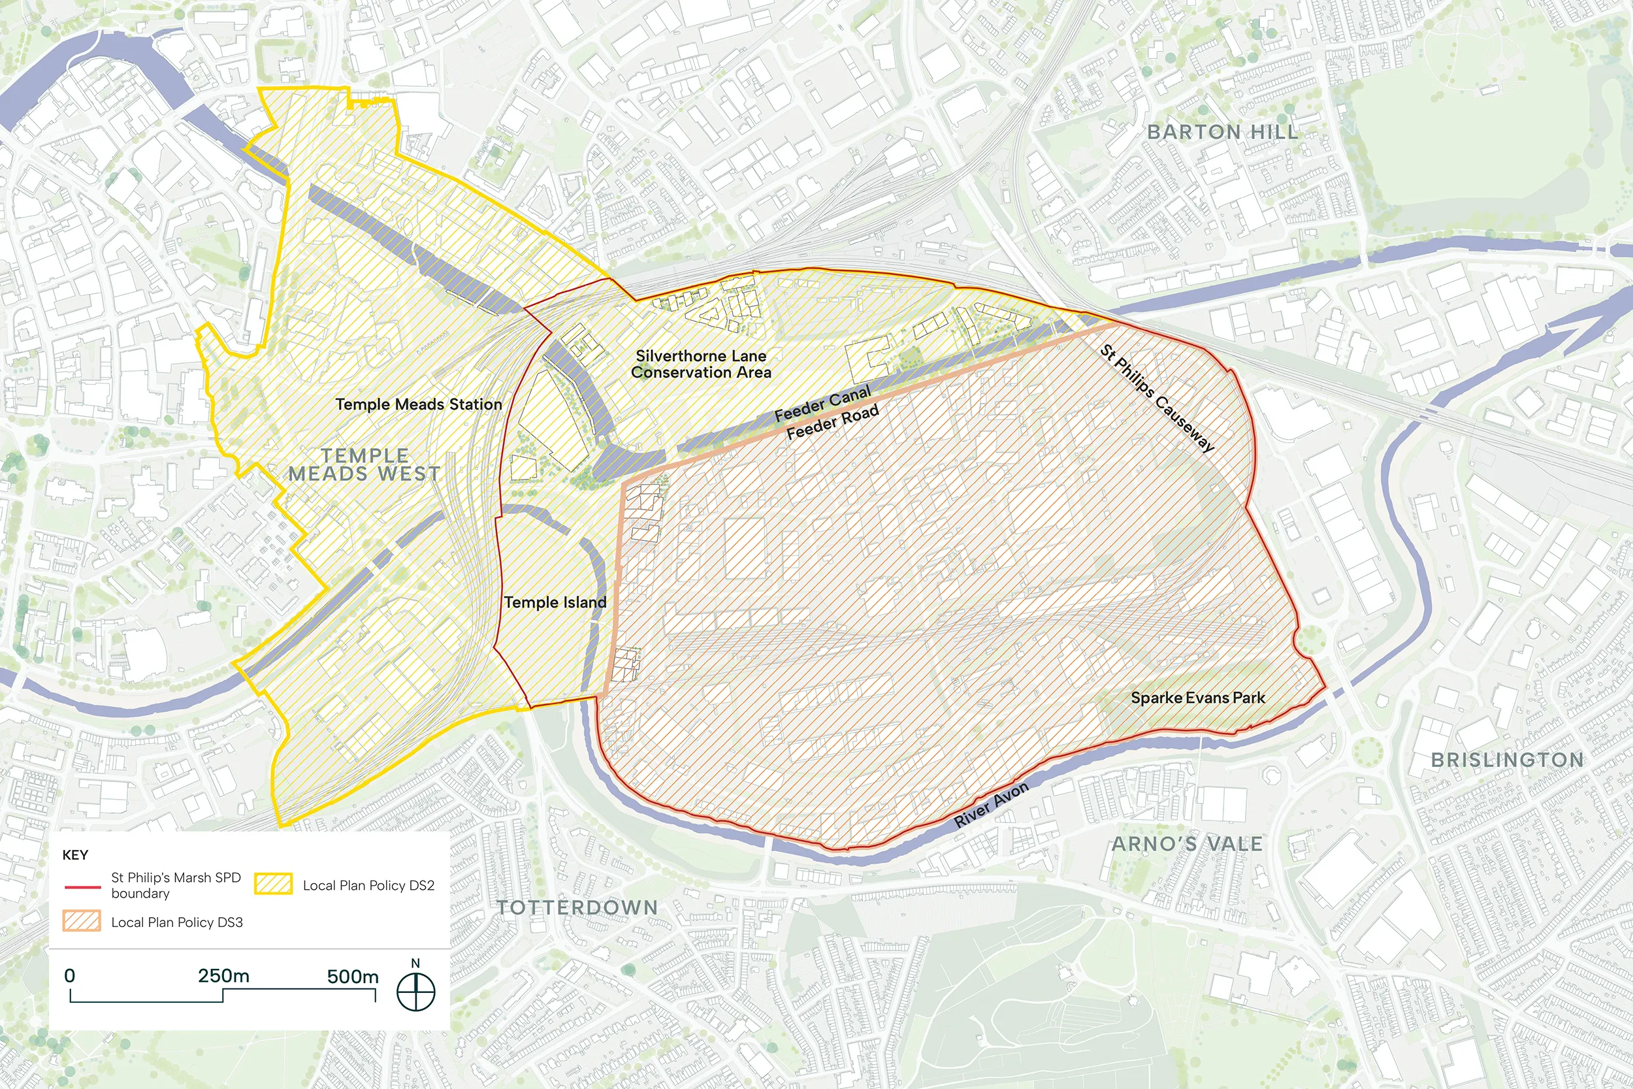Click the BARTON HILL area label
(x=1222, y=132)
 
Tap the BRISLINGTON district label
(x=1508, y=760)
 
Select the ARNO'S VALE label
(x=1188, y=844)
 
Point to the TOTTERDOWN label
(x=577, y=908)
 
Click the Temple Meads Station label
(x=419, y=404)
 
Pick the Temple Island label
(x=555, y=602)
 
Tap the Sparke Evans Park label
(x=1198, y=697)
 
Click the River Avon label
(x=991, y=805)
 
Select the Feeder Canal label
(x=822, y=404)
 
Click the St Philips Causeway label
(x=1157, y=398)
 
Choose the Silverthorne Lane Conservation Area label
(x=702, y=364)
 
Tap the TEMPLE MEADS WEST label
(x=364, y=464)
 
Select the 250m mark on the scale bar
(x=223, y=977)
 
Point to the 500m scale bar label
(x=353, y=977)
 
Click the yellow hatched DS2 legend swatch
(x=273, y=883)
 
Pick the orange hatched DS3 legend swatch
(x=81, y=921)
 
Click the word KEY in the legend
(x=75, y=855)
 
